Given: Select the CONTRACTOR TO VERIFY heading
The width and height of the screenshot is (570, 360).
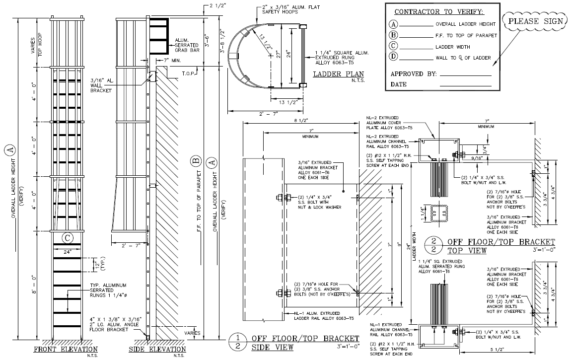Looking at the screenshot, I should (438, 11).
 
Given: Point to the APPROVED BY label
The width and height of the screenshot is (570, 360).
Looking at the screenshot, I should (414, 74).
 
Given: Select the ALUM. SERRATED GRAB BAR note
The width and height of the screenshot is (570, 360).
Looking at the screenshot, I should (188, 45).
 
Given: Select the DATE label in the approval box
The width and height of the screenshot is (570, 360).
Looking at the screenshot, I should (399, 84).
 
